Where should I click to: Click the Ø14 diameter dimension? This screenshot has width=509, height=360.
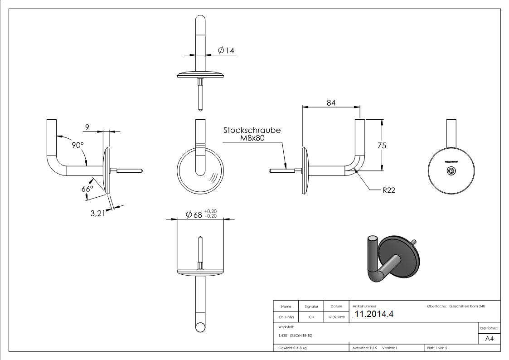click(226, 50)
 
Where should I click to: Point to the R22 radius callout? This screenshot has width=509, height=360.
click(388, 190)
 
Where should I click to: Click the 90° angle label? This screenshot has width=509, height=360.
click(78, 145)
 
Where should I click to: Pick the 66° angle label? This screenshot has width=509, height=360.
click(87, 189)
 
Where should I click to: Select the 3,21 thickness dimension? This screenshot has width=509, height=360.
click(98, 213)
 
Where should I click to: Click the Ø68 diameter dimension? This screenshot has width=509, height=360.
click(198, 214)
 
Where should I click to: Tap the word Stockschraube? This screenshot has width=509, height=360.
click(252, 130)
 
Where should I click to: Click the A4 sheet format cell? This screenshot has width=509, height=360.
click(490, 338)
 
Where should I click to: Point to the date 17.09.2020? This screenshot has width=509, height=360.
click(336, 317)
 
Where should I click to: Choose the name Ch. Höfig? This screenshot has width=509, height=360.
click(286, 317)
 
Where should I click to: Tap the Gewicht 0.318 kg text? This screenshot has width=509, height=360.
click(293, 348)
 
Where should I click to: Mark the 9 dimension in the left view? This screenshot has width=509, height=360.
click(87, 127)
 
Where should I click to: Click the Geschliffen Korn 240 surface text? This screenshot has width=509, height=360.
click(467, 306)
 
